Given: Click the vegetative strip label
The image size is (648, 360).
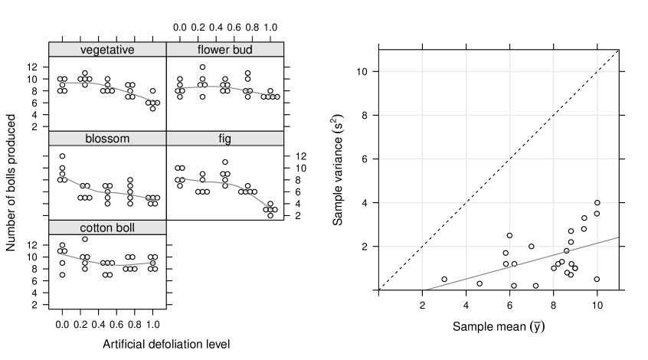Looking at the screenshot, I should pos(107,50).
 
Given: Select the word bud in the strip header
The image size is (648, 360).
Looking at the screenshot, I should pos(242,50).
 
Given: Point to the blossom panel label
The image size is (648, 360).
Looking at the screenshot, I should pos(107,139).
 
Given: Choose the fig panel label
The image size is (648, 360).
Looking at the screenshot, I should pos(224,139).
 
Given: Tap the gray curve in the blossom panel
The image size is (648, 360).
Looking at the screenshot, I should pos(115,193).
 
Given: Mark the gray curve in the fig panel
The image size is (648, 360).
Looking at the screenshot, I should pos(230,184).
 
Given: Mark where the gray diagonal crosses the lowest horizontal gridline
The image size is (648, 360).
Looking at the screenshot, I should pos(584,247).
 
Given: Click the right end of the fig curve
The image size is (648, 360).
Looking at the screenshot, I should pos(275,211).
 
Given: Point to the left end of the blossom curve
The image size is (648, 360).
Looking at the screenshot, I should pos(60,175).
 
